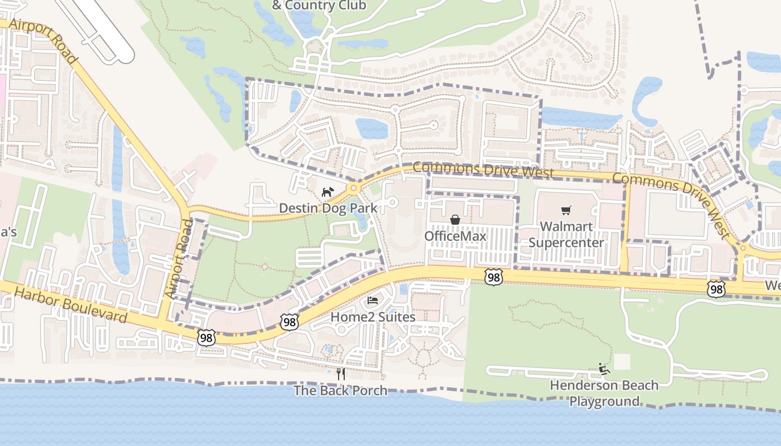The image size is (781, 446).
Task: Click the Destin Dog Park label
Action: coord(328,209)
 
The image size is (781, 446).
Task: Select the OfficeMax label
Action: coord(455,236)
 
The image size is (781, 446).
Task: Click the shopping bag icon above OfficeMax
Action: coord(455,220)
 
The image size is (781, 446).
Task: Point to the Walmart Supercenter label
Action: coord(566,235)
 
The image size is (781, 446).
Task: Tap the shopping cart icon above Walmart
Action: coord(566,210)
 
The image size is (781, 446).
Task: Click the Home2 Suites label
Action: coord(373,317)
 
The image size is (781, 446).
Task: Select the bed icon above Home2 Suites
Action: coord(373,301)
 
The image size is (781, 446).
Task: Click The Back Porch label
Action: coord(340,390)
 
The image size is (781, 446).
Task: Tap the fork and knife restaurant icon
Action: coord(341,374)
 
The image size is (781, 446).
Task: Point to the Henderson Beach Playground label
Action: coord(604,393)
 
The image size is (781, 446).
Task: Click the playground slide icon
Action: coord(604,369)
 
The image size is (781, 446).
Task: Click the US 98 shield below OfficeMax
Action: coord(494,277)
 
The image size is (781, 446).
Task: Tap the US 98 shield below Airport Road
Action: coord(206,337)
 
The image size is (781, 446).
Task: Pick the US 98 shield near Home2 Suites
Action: coord(290,322)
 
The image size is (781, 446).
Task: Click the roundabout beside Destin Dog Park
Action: coord(353,188)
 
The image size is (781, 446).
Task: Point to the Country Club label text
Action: coord(319,6)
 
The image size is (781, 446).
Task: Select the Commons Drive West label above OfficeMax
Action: coord(483,169)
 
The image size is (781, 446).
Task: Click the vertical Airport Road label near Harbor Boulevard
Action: coord(179,258)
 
